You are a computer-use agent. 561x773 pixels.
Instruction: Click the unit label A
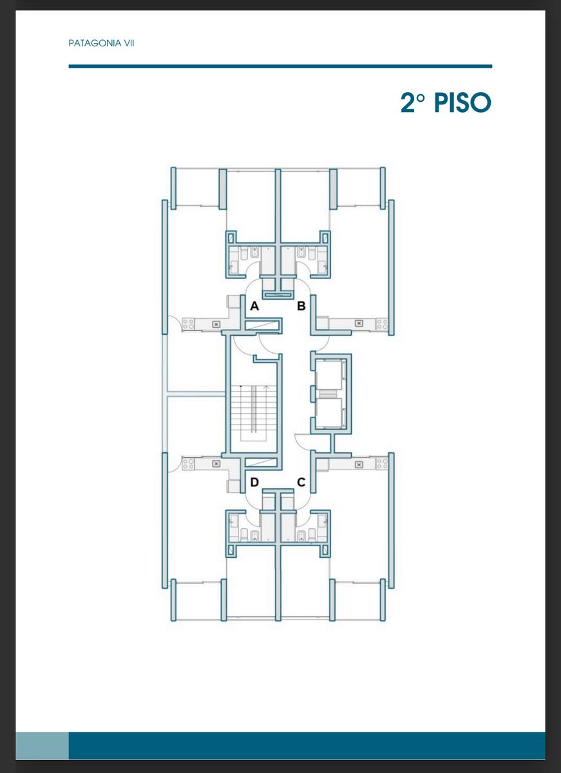pos(254,306)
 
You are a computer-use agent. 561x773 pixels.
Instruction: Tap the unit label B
pos(301,306)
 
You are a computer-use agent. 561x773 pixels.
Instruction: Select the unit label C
pos(301,482)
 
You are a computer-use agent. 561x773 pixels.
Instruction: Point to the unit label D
pos(254,482)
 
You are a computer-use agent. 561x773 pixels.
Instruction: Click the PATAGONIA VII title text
pos(101,43)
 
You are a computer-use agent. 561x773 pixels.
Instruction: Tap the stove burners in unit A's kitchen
pos(188,324)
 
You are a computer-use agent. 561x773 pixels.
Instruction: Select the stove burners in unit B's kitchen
pos(382,324)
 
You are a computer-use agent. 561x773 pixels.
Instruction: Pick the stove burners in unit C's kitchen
pos(382,463)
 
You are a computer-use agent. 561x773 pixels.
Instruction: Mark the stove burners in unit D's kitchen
pos(188,463)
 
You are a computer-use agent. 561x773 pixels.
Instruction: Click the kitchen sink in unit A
pos(216,324)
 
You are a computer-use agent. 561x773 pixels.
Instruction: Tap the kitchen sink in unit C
pos(359,464)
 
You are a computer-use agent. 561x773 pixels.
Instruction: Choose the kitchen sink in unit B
pos(359,323)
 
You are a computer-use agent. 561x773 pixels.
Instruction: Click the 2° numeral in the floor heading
pos(413,103)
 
